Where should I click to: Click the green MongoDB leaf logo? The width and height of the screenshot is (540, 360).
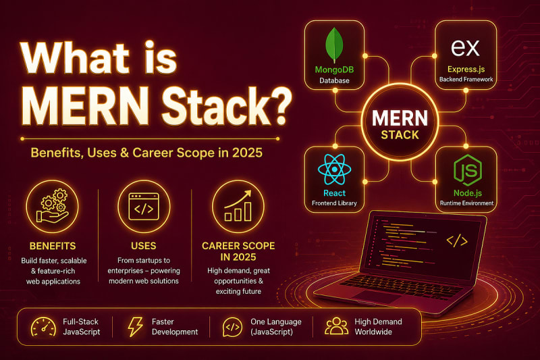tap(334, 45)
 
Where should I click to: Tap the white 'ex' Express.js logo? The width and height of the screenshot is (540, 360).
tap(465, 48)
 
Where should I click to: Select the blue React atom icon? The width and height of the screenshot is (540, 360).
tap(334, 170)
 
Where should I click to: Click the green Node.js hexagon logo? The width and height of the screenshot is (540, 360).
tap(468, 170)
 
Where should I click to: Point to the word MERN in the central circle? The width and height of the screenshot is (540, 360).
tap(400, 118)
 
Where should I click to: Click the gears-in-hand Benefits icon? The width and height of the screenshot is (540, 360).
tap(53, 206)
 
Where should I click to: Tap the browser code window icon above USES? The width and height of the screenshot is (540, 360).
tap(144, 207)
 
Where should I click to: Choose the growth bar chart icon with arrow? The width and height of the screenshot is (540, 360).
tap(238, 205)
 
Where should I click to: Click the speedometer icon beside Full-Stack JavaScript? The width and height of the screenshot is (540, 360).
tap(43, 327)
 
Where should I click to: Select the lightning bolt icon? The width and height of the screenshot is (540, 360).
tap(136, 327)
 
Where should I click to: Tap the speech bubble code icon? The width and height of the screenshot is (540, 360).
tap(232, 327)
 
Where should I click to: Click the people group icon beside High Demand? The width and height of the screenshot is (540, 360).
tap(336, 326)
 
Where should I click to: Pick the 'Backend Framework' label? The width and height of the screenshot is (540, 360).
tap(466, 79)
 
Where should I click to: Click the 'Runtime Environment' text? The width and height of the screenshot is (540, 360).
tap(466, 203)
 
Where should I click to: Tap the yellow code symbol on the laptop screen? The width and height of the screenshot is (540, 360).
tap(457, 241)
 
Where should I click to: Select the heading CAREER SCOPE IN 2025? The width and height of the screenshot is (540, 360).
tap(238, 251)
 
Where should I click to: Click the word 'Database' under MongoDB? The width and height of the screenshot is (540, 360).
tap(334, 80)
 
